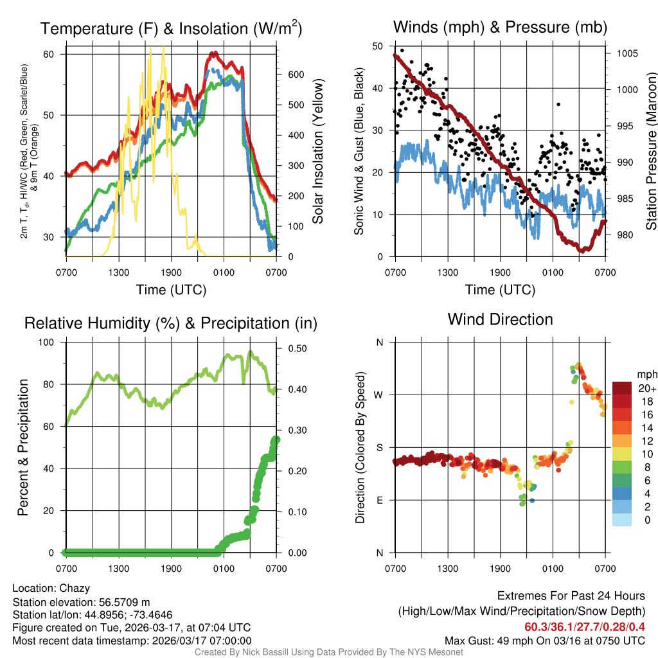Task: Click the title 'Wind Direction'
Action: click(500, 319)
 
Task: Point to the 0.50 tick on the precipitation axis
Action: click(293, 348)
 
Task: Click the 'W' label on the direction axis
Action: click(380, 395)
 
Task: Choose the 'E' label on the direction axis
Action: click(380, 500)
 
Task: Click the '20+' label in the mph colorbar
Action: click(646, 388)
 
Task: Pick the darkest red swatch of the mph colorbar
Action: click(622, 388)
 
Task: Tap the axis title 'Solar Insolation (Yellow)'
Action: click(318, 152)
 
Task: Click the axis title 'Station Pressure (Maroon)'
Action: click(651, 152)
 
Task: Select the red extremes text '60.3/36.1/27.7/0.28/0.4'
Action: click(585, 627)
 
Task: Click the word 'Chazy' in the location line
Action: click(75, 588)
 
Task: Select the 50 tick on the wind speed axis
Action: click(380, 46)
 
